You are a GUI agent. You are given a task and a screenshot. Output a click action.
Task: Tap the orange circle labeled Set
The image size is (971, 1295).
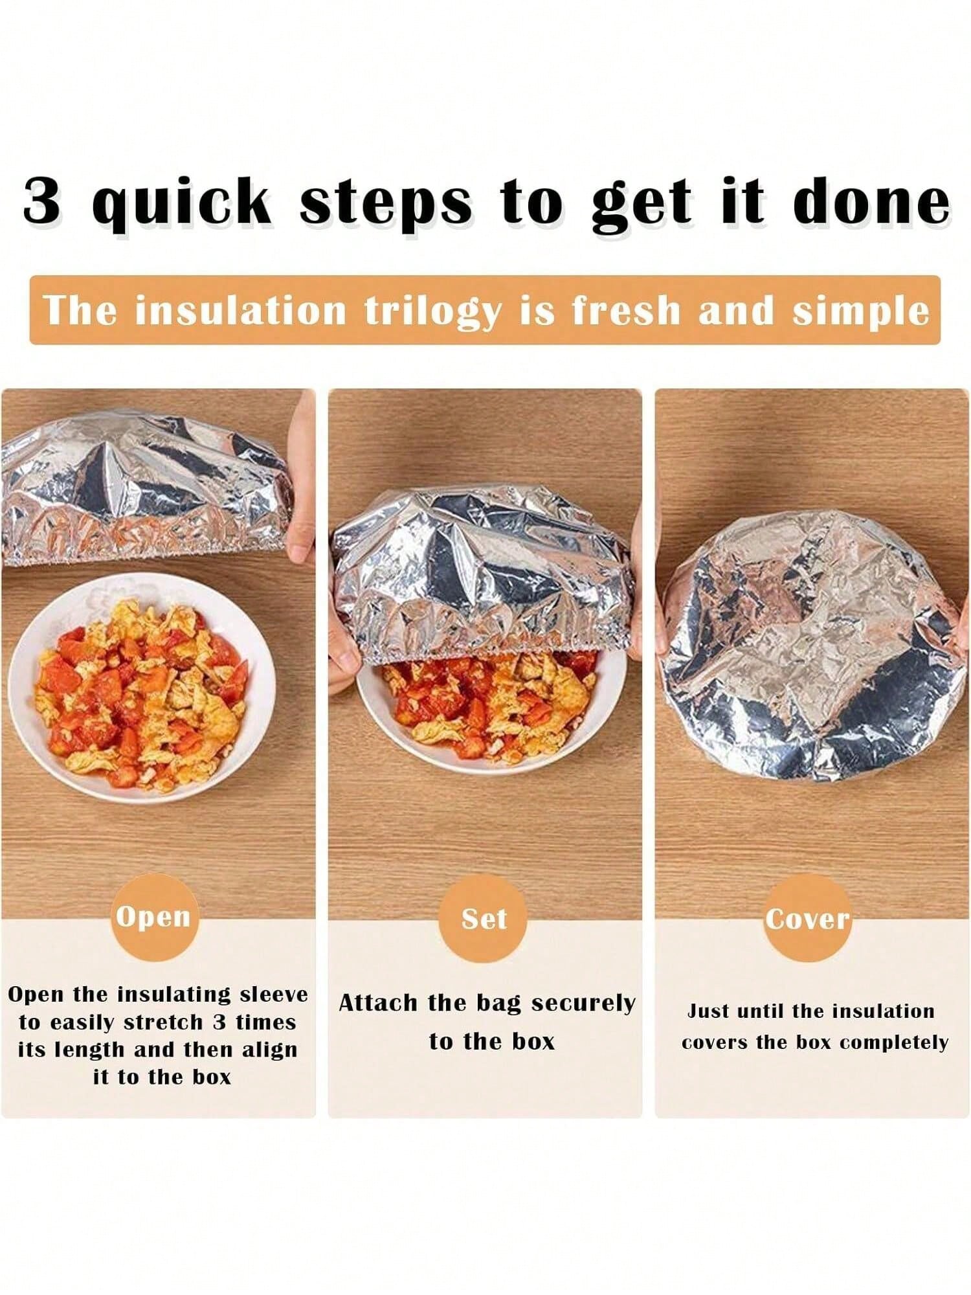(483, 919)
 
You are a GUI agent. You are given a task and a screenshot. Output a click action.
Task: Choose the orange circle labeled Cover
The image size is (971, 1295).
(807, 919)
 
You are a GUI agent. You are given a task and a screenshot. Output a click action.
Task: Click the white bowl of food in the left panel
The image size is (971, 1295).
(142, 689)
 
